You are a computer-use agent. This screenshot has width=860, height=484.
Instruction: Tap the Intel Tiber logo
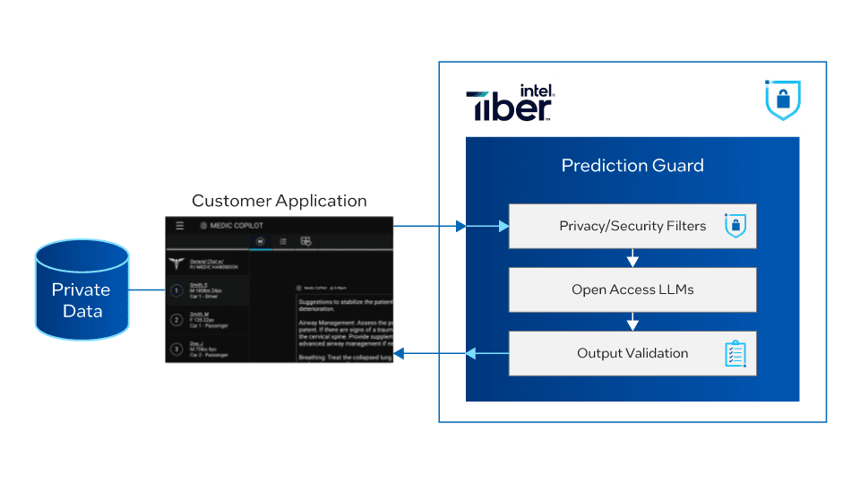(x=511, y=102)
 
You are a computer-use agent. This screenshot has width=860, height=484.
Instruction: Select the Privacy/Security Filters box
(x=632, y=226)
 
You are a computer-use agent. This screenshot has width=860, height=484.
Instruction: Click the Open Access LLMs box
(x=632, y=290)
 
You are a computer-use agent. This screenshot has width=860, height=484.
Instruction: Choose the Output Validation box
(x=632, y=353)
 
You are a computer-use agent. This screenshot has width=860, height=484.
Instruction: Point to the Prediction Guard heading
(x=632, y=165)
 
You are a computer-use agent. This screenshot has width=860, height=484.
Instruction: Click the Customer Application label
(x=279, y=201)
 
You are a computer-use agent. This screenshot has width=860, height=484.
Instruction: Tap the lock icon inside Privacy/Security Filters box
(x=735, y=227)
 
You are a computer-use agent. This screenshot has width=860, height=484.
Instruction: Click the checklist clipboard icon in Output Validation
(x=735, y=353)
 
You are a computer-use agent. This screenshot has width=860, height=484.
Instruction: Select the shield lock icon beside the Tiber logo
(x=783, y=100)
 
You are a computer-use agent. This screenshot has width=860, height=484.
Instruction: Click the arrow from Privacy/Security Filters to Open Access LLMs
(x=632, y=258)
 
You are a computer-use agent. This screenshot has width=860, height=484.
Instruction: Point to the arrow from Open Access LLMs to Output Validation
(x=632, y=322)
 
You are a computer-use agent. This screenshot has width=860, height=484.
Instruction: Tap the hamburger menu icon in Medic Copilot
(x=180, y=226)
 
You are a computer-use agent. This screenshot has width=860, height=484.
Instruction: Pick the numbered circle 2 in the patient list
(x=176, y=319)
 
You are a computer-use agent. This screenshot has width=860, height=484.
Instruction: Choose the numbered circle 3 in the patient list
(x=176, y=348)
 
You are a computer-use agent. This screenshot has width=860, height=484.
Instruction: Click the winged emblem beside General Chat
(x=177, y=264)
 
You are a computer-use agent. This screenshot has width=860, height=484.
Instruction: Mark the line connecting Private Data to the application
(x=147, y=290)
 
